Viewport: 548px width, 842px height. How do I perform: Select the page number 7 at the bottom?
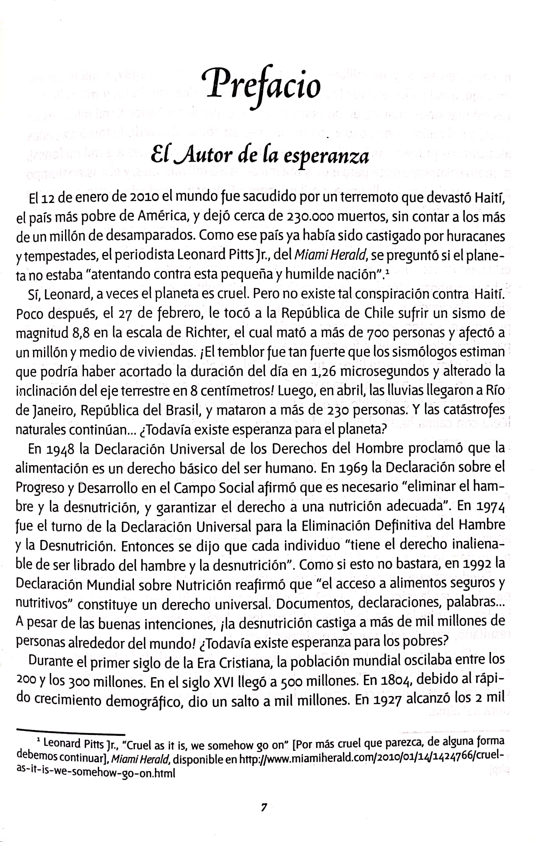click(264, 807)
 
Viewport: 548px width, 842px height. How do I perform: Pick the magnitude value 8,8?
click(81, 333)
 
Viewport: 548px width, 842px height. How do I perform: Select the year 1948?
click(60, 449)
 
